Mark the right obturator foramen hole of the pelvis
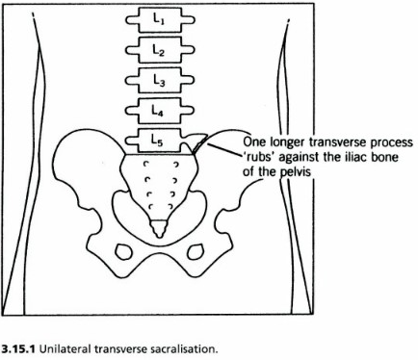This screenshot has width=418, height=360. [x=198, y=252]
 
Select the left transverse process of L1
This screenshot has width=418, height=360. [x=133, y=19]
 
